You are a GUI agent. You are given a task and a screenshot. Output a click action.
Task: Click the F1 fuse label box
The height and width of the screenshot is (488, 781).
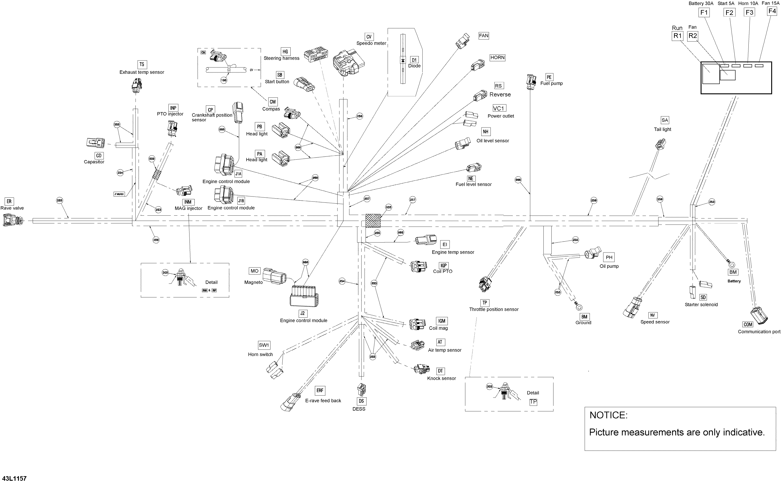point(704,13)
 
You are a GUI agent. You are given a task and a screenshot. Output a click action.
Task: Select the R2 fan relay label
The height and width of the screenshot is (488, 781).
point(693,36)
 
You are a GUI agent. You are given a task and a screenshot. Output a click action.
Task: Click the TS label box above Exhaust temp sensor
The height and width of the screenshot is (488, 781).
point(142,64)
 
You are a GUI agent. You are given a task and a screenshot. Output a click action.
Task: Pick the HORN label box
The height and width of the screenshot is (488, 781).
point(497,57)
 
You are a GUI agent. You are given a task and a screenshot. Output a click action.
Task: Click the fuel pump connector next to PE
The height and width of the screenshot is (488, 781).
point(531,82)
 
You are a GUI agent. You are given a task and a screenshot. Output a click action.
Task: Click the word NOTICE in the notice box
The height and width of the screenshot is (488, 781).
point(608,415)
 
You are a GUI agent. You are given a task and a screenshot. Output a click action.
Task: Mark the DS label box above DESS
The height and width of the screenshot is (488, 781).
point(361,401)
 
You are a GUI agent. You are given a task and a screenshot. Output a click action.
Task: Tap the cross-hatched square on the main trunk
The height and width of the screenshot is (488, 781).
point(373,221)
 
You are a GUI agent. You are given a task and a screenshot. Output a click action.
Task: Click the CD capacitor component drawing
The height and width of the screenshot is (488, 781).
point(95,142)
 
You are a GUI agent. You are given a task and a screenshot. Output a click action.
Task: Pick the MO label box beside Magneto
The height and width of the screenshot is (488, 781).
point(255,271)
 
